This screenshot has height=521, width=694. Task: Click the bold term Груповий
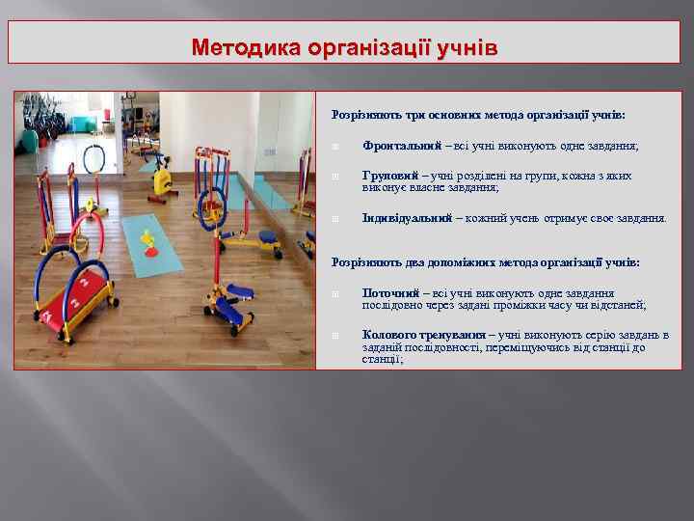click(390, 177)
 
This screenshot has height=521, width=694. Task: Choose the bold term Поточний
click(390, 292)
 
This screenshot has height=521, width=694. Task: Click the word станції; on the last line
click(383, 359)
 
